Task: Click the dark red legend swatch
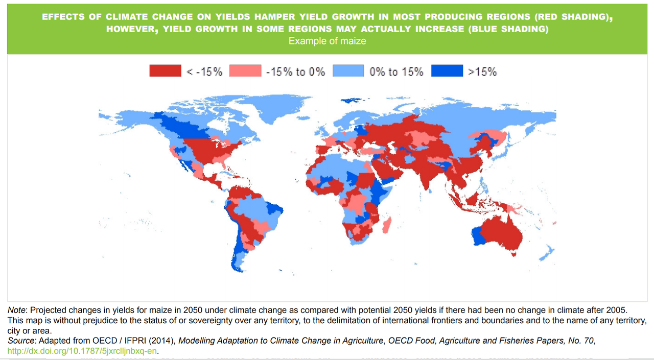[x=165, y=71]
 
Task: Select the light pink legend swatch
[x=245, y=71]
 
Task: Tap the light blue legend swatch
[x=348, y=71]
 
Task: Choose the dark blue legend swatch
[x=447, y=71]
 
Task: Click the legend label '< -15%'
[x=204, y=71]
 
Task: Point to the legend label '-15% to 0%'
[x=295, y=71]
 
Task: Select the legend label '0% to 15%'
[x=396, y=71]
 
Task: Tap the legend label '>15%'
[x=482, y=71]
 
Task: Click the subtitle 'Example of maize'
[x=327, y=41]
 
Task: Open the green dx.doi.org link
[x=82, y=351]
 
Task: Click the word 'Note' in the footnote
[x=16, y=310]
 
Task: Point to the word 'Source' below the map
[x=21, y=341]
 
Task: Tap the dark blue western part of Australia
[x=478, y=236]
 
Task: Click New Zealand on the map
[x=547, y=253]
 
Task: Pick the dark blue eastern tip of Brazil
[x=274, y=208]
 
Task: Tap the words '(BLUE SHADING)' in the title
[x=508, y=29]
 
